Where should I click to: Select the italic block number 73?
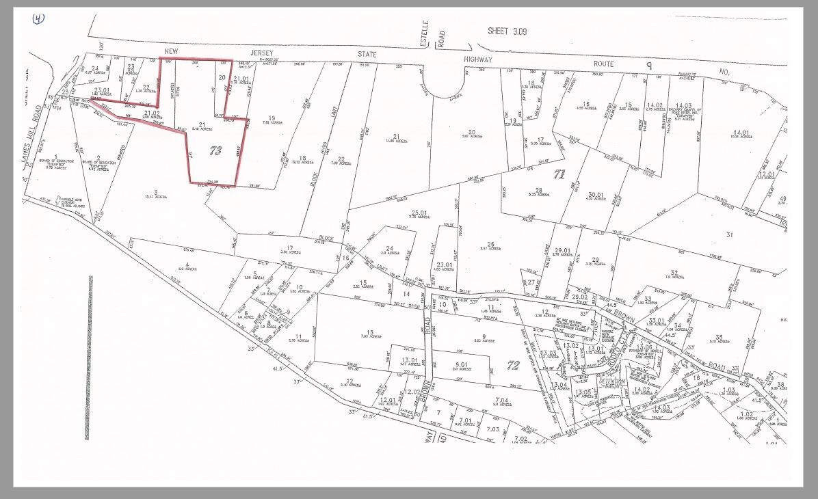pyautogui.click(x=215, y=152)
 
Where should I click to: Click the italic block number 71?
pyautogui.click(x=559, y=174)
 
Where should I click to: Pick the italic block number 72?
pyautogui.click(x=512, y=366)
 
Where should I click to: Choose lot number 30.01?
pyautogui.click(x=596, y=194)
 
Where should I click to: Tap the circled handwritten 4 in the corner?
pyautogui.click(x=38, y=18)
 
